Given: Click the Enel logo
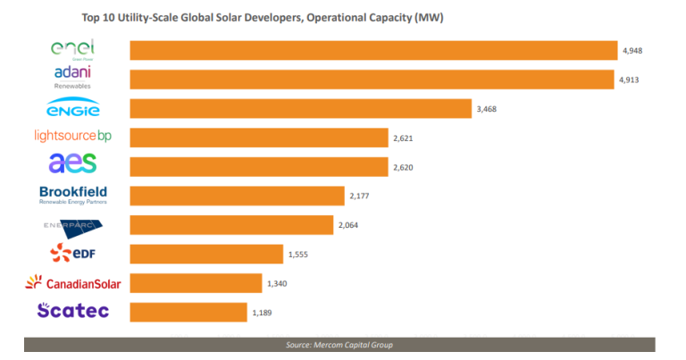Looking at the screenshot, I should pyautogui.click(x=73, y=48).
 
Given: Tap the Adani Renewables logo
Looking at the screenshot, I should pyautogui.click(x=73, y=77).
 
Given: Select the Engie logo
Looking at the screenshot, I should pyautogui.click(x=73, y=109).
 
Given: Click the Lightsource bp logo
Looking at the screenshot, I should pyautogui.click(x=73, y=137).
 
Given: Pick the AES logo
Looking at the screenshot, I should pyautogui.click(x=73, y=164).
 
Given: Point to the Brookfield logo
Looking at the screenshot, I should pyautogui.click(x=73, y=195).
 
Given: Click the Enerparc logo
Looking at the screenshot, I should pyautogui.click(x=73, y=225).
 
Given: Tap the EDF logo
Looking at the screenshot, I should pyautogui.click(x=73, y=255).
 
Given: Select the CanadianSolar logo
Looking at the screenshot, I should pyautogui.click(x=73, y=283).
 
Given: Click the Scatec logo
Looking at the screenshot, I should pyautogui.click(x=73, y=311).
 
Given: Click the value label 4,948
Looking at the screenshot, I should pyautogui.click(x=632, y=52).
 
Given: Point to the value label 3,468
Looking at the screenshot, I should pyautogui.click(x=486, y=109).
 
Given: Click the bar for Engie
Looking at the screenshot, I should pyautogui.click(x=300, y=109).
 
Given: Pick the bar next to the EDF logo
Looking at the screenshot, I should pyautogui.click(x=206, y=255).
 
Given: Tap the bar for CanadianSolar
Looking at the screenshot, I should pyautogui.click(x=196, y=283).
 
